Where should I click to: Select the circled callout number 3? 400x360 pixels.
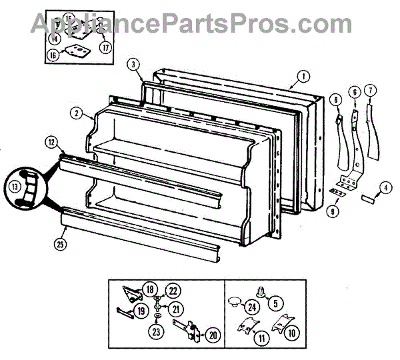tap(134, 65)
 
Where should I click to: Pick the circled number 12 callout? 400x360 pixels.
tap(51, 141)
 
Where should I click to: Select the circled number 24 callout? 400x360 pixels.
tap(251, 308)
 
